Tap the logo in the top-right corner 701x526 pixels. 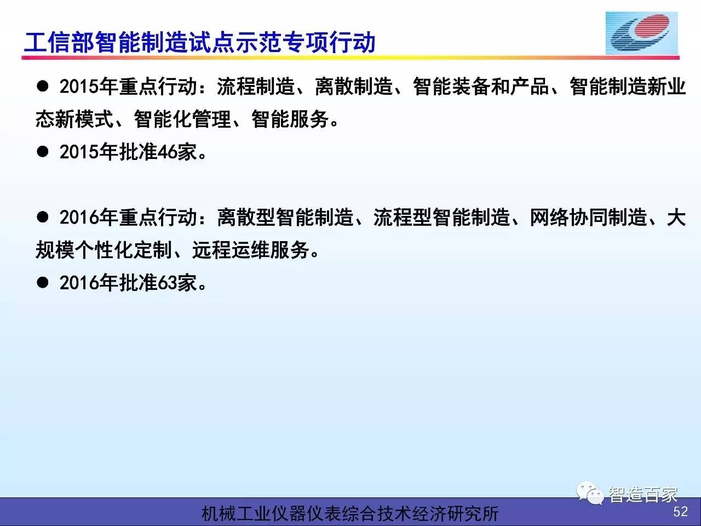642,33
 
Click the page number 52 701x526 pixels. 680,512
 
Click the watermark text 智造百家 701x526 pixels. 642,495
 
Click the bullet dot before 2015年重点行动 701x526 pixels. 43,86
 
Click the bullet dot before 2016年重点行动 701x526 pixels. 43,217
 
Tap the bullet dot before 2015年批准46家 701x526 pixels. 43,152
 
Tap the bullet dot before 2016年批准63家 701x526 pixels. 43,283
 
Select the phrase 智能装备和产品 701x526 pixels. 481,87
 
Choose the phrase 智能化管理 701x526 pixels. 182,119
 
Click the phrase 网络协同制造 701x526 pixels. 589,218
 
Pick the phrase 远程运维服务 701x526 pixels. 251,250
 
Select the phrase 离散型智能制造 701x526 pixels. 285,218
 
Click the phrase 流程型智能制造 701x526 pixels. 441,218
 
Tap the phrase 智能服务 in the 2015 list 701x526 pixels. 290,119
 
